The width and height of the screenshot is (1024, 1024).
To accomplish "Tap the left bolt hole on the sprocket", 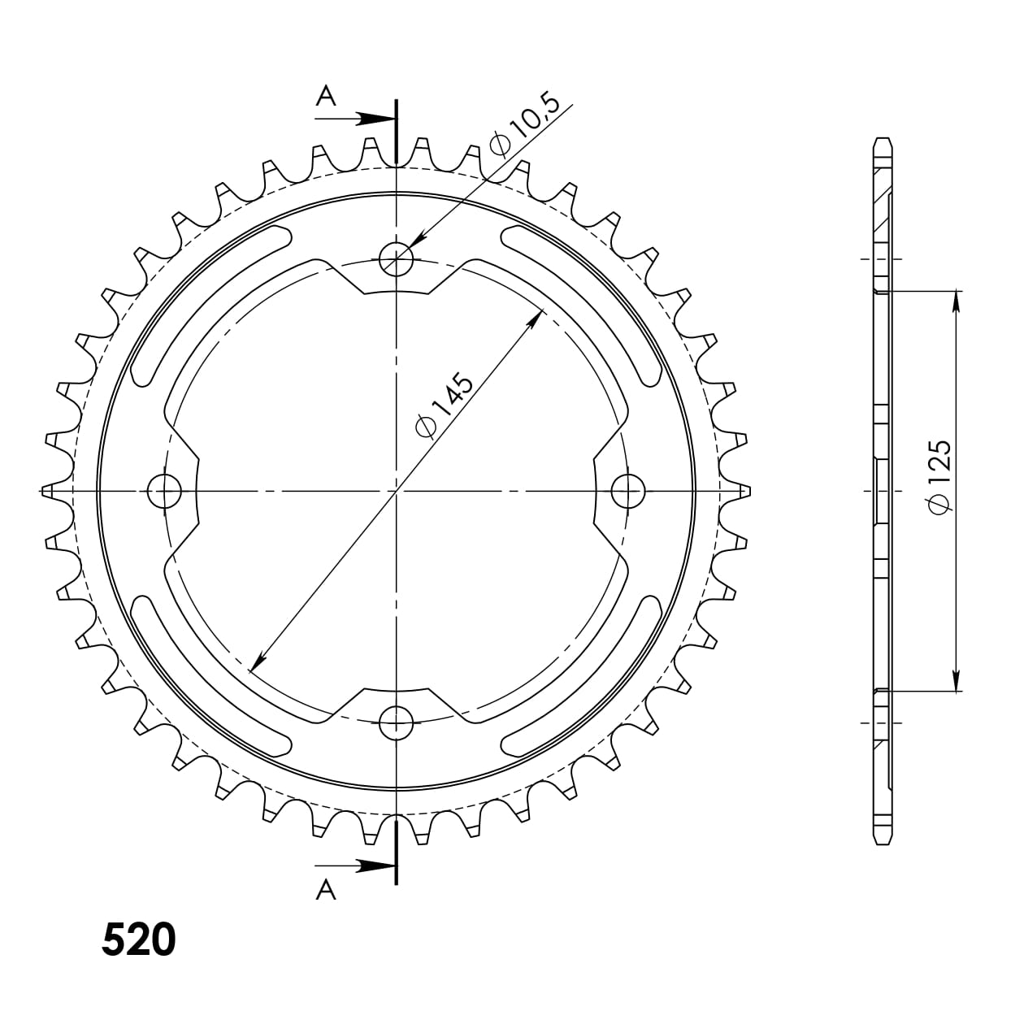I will pos(166,490).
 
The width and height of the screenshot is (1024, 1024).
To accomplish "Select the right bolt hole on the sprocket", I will pos(627,490).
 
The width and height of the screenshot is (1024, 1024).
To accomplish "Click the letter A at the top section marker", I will pos(325,98).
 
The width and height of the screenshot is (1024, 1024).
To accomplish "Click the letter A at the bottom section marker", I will pos(325,891).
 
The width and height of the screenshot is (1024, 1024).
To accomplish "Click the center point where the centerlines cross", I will pos(397,491).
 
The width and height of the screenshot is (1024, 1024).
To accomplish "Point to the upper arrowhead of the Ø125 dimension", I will pos(957,300).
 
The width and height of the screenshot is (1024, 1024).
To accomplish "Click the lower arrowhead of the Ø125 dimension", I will pos(957,681).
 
